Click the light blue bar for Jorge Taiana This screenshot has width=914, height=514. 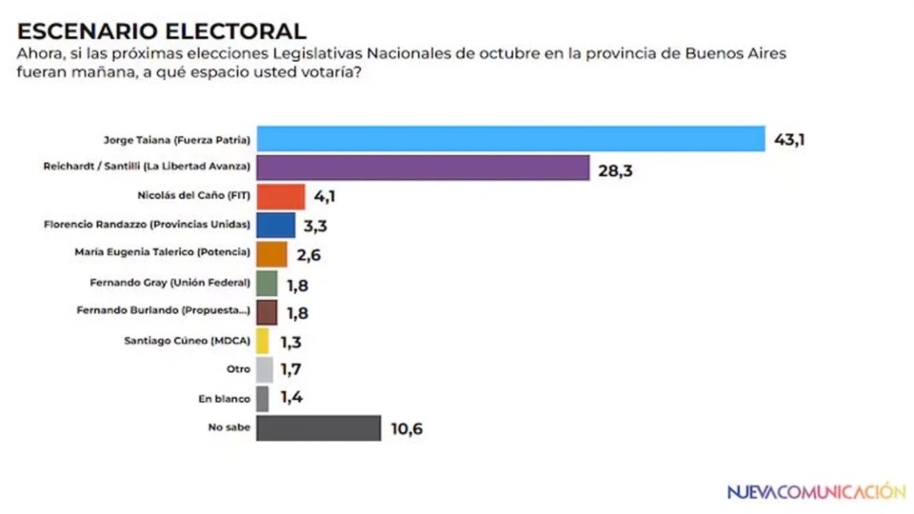pos(510,139)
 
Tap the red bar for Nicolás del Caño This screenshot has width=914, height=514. pos(281,197)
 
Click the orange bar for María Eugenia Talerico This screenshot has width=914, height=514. pos(271,254)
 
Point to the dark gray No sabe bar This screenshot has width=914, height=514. pos(318,428)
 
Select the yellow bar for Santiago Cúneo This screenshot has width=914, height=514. pos(263,341)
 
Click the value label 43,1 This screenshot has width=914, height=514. pos(789,140)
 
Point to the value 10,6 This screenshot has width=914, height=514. pos(406,429)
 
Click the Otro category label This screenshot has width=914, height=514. pos(239,369)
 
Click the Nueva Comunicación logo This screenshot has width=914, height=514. pos(816,491)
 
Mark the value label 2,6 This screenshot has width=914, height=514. pos(308,255)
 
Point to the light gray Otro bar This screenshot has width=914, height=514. pos(265,370)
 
